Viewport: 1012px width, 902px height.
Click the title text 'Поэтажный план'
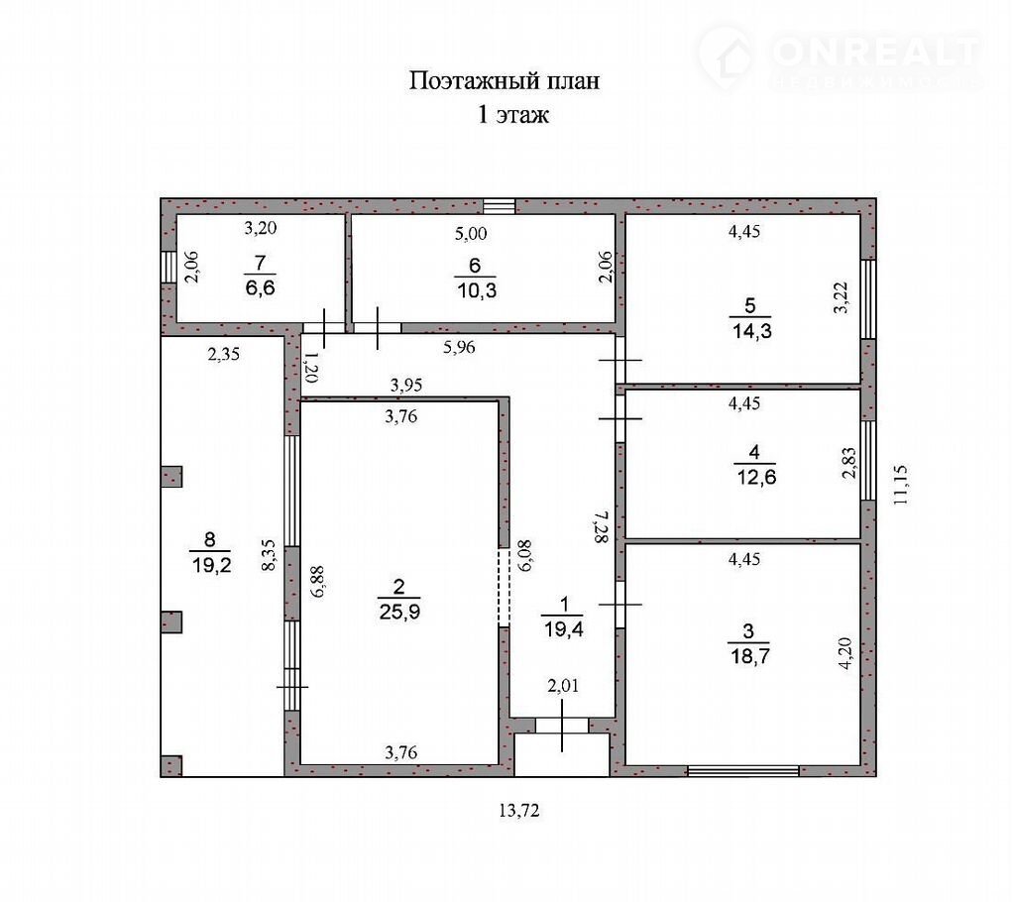tap(505, 80)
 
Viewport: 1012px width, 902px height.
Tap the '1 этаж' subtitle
tap(513, 115)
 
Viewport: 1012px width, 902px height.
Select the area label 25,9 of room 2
tap(399, 611)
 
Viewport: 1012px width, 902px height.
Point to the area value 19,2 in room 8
tap(211, 565)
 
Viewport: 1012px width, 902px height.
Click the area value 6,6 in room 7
tap(260, 287)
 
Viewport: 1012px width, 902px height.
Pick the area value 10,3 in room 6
tap(477, 290)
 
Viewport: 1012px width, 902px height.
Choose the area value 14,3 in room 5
tap(752, 331)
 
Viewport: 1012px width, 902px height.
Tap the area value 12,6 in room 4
tap(756, 478)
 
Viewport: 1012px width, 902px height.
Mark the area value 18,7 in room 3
tap(750, 656)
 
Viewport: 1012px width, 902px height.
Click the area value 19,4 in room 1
tap(563, 629)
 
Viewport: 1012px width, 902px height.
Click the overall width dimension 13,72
tap(519, 811)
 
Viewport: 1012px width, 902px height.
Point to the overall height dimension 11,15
tap(900, 484)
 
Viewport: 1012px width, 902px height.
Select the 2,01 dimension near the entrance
tap(563, 686)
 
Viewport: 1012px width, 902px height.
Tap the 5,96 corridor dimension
tap(459, 347)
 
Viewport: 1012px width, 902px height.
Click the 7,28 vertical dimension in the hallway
tap(602, 526)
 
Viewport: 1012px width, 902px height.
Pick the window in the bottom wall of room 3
tap(742, 770)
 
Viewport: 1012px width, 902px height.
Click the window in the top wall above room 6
tap(500, 206)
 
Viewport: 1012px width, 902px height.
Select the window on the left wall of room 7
tap(169, 267)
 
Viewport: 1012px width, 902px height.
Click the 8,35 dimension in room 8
tap(269, 555)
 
